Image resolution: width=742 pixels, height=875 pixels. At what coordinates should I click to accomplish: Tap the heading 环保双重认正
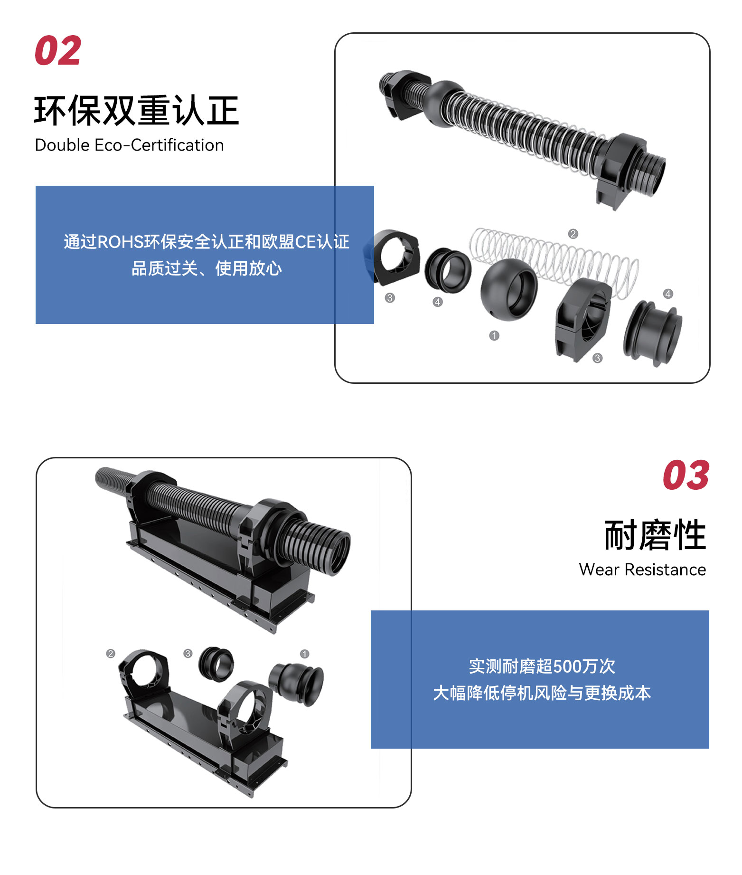[137, 111]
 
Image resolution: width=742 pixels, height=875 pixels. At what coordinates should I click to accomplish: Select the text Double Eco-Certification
[129, 145]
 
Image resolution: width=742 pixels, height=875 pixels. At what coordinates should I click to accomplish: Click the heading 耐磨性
[655, 535]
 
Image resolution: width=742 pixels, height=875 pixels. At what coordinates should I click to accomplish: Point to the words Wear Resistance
[642, 570]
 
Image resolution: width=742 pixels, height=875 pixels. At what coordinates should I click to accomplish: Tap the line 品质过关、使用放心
[207, 268]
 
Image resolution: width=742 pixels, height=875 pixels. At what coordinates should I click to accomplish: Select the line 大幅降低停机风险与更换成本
[542, 693]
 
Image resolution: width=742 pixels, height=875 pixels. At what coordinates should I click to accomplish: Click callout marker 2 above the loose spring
[573, 234]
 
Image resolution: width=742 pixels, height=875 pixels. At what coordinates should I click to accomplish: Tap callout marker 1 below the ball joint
[494, 336]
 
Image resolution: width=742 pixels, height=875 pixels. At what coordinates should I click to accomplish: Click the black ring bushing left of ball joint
[447, 270]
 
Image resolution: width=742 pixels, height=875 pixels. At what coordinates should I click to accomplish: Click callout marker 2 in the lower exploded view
[111, 654]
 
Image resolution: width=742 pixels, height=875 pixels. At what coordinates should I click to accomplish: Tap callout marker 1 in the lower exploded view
[305, 654]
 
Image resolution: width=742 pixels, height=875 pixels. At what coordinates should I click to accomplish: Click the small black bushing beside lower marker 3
[216, 664]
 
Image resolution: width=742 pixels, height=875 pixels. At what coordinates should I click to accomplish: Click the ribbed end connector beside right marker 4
[654, 333]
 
